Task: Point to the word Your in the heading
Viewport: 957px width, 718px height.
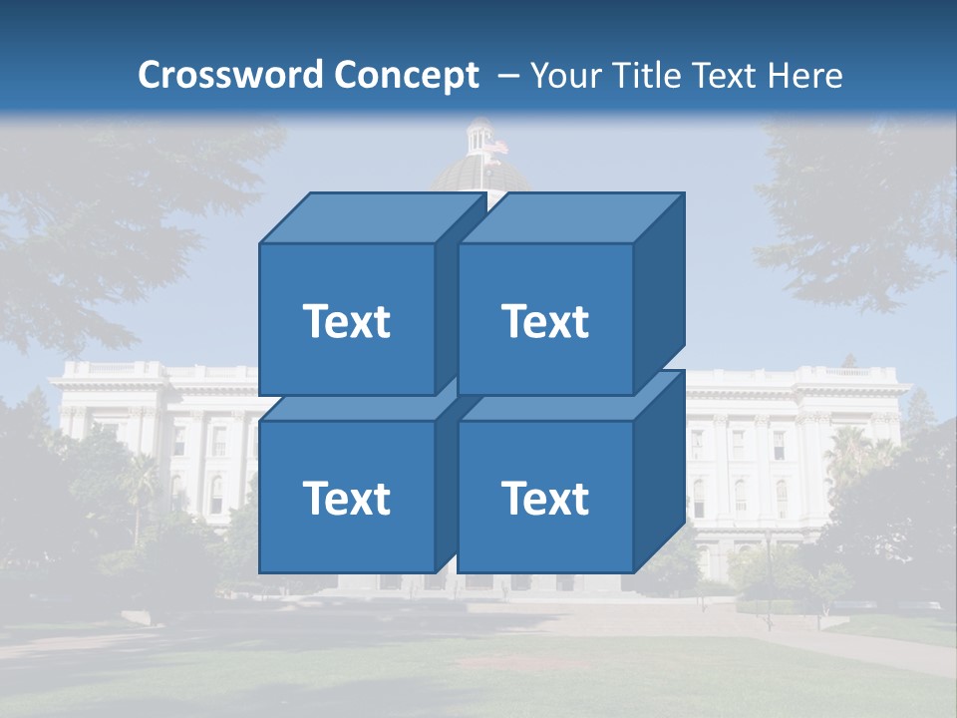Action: (x=567, y=76)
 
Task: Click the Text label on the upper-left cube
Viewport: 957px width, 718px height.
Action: (x=346, y=321)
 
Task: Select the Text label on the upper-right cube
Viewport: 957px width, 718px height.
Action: (x=545, y=321)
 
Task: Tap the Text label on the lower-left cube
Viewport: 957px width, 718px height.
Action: (x=346, y=498)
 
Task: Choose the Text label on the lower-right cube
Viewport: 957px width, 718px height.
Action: (x=545, y=498)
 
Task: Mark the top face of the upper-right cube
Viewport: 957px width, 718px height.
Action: (x=570, y=217)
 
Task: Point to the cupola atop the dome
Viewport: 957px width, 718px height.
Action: (x=480, y=135)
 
